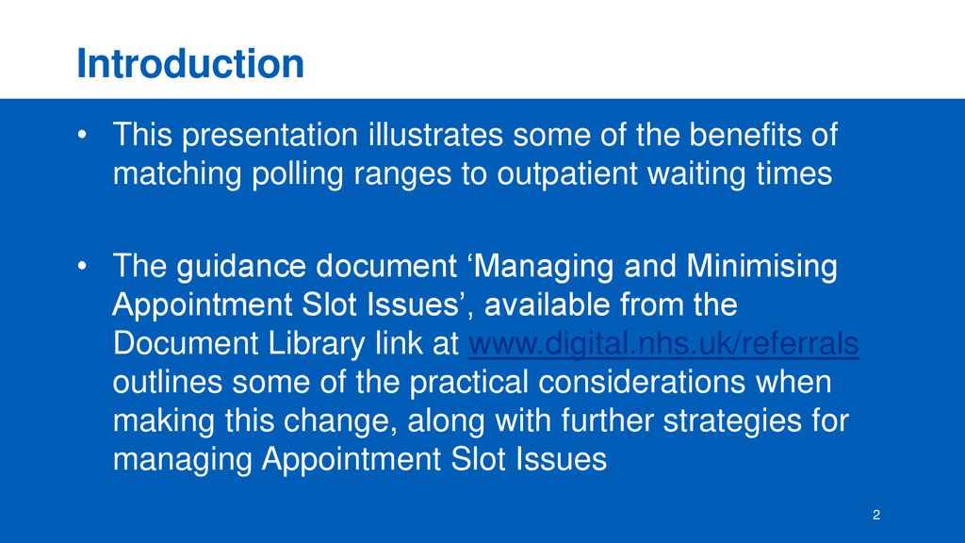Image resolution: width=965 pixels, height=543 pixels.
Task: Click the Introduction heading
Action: pos(190,63)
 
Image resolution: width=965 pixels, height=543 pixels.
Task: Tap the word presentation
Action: pos(270,136)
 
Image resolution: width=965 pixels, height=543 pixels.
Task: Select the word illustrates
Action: pos(435,134)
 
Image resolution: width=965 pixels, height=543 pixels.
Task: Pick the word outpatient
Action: pos(566,174)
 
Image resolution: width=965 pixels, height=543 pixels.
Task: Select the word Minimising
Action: pos(761,267)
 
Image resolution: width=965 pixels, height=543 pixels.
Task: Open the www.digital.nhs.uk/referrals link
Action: pos(663,343)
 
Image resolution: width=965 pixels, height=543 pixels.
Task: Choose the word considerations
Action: pos(642,382)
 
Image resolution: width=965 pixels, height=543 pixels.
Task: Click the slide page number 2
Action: pos(876,515)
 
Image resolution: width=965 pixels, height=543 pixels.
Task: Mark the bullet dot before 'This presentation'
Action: pos(83,135)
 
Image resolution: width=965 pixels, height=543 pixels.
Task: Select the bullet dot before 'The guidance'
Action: pos(83,266)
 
